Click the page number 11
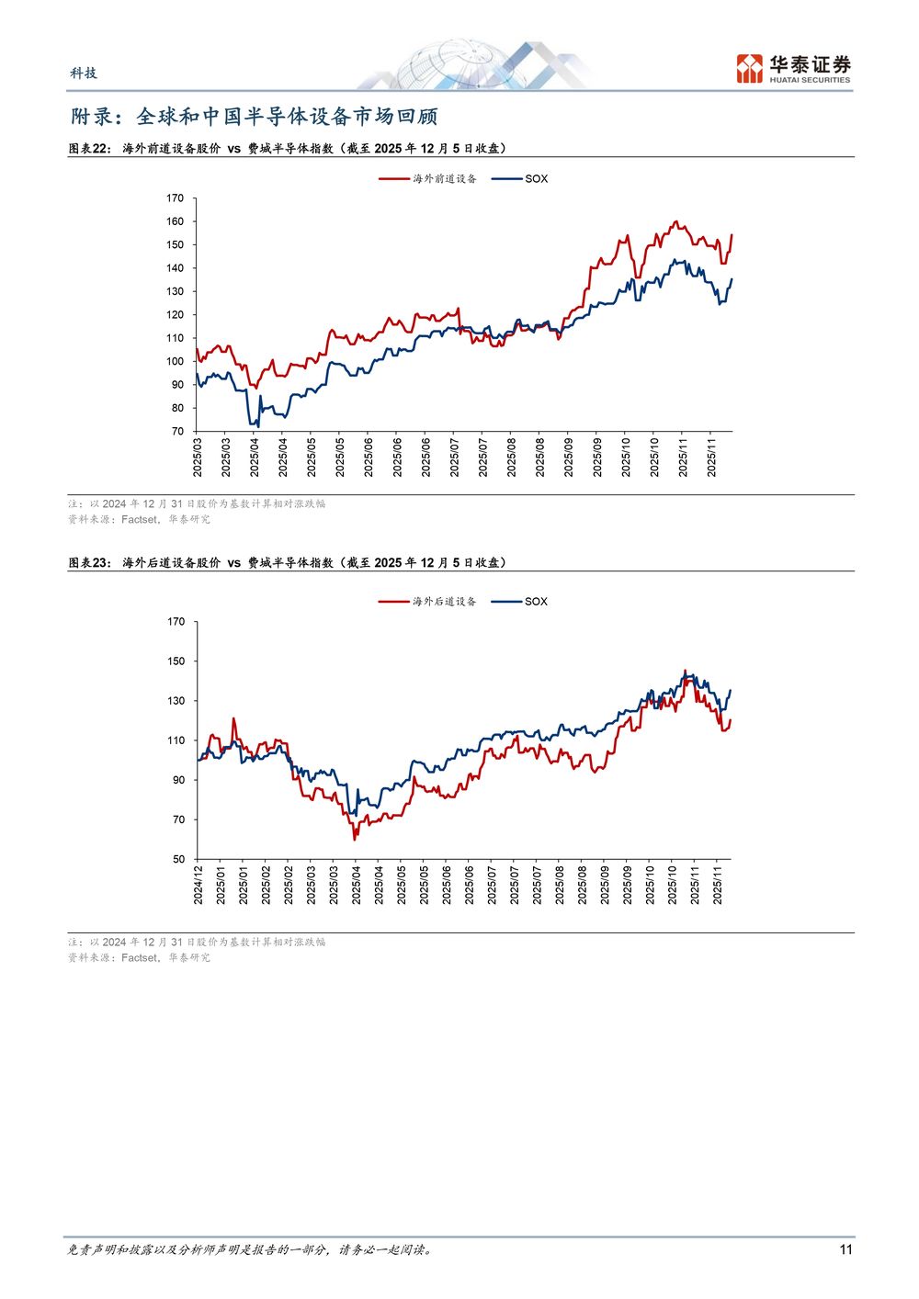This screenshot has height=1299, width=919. point(845,1249)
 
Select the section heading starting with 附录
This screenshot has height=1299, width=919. point(255,117)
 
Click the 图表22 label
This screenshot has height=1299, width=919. point(89,148)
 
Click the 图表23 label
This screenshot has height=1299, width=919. point(89,562)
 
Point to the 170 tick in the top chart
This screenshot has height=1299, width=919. point(175,198)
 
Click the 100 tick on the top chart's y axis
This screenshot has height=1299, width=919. point(175,361)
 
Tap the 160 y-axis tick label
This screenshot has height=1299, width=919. point(175,221)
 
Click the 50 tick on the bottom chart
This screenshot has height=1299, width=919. point(178,859)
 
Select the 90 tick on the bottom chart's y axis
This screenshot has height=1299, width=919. point(178,780)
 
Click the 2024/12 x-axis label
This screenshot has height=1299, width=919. point(199,884)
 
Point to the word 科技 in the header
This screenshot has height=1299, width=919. point(84,73)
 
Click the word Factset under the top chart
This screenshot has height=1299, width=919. point(140,519)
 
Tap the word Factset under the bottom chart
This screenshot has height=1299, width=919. point(140,957)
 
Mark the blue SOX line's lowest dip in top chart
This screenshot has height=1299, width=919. point(258,426)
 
